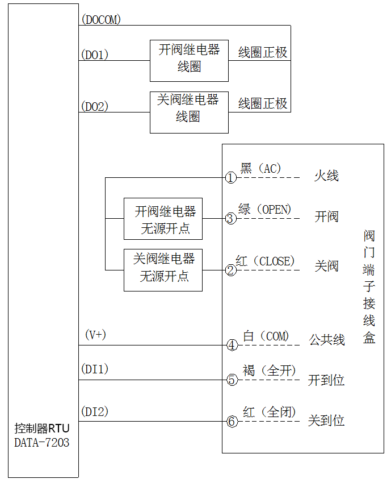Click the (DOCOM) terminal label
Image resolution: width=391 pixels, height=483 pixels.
(x=101, y=20)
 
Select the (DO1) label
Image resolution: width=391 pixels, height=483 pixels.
(x=95, y=55)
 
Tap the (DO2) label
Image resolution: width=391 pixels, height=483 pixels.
(x=95, y=106)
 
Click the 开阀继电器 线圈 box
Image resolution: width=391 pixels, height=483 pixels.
(x=189, y=61)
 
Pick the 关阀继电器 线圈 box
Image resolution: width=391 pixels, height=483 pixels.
(x=189, y=112)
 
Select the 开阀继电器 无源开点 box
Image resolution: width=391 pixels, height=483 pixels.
(x=163, y=219)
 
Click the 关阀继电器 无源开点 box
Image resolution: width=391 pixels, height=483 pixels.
(x=163, y=270)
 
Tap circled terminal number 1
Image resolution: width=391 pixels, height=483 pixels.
(x=230, y=178)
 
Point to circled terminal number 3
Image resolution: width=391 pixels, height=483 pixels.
(x=230, y=218)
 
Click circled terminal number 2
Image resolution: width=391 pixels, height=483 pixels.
(x=230, y=270)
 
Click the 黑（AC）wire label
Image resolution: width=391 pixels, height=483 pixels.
(x=261, y=168)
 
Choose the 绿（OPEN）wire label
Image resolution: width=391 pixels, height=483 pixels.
(x=265, y=209)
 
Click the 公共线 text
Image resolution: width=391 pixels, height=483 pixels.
(x=327, y=340)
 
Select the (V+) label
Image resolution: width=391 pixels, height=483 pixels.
(x=95, y=335)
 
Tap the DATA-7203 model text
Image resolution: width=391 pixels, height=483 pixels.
(x=42, y=442)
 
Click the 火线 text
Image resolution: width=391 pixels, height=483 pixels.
(x=326, y=176)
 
